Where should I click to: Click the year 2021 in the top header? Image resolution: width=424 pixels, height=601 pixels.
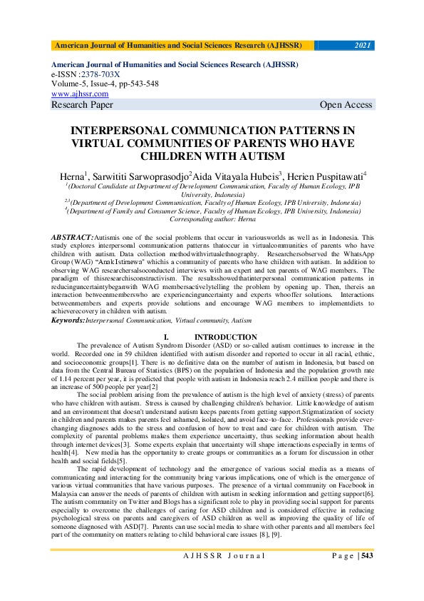click(x=363, y=46)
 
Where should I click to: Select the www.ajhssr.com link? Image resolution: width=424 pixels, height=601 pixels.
click(x=80, y=94)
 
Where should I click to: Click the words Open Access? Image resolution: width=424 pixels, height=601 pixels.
click(x=346, y=105)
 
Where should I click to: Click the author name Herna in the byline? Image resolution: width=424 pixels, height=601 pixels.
click(x=72, y=175)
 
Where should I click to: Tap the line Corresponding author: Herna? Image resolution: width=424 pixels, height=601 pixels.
click(x=212, y=220)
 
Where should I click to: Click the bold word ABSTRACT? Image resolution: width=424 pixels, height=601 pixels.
click(x=72, y=236)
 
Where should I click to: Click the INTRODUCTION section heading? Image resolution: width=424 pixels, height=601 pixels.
click(x=226, y=337)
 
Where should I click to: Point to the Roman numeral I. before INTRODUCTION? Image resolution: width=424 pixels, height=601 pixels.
click(x=166, y=337)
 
